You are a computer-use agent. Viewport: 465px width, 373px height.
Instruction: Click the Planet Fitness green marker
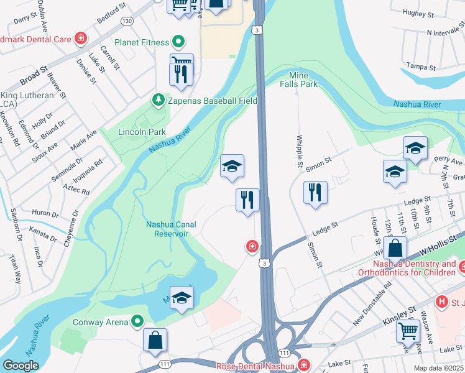pyautogui.click(x=178, y=42)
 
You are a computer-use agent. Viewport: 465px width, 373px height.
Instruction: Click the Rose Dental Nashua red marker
pyautogui.click(x=303, y=365)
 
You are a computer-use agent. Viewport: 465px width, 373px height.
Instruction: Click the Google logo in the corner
pyautogui.click(x=21, y=366)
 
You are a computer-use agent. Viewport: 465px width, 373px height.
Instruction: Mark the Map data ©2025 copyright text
pyautogui.click(x=439, y=368)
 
